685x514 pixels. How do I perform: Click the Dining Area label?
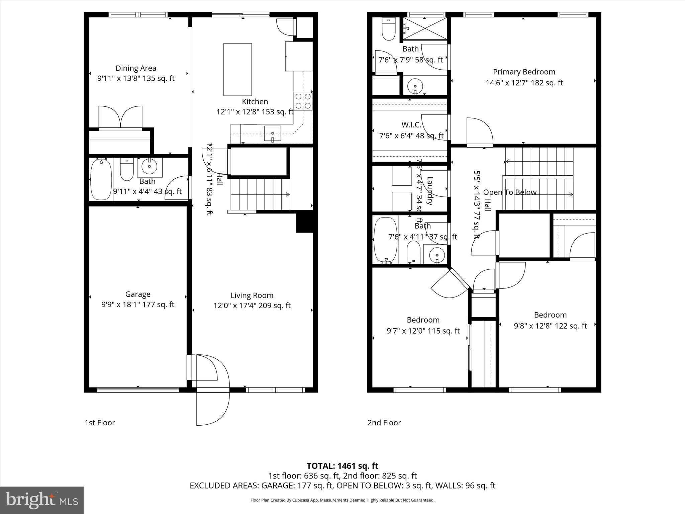click(x=136, y=68)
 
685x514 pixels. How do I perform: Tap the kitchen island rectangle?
click(x=237, y=69)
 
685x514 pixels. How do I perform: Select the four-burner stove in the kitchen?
click(x=303, y=101)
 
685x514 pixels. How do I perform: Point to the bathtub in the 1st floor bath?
click(x=101, y=179)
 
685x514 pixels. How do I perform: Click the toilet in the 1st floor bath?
click(x=126, y=170)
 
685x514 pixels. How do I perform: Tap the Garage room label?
click(x=138, y=294)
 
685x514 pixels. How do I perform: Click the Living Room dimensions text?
click(x=252, y=306)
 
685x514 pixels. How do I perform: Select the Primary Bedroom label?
click(x=524, y=72)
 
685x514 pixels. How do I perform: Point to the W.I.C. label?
click(x=411, y=125)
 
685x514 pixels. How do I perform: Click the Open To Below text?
click(x=509, y=192)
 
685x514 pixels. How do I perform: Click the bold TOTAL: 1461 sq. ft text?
click(x=342, y=466)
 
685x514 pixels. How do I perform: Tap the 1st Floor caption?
click(x=100, y=423)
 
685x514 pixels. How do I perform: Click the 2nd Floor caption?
click(x=384, y=423)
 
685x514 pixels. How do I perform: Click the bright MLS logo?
click(x=42, y=500)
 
